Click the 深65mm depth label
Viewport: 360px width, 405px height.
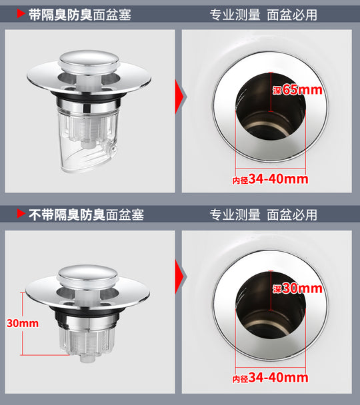(297, 90)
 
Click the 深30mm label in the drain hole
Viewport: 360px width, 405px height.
(297, 288)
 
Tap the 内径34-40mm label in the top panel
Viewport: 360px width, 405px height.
(270, 179)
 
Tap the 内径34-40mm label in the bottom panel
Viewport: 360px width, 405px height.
(270, 378)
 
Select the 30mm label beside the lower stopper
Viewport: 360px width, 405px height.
(23, 323)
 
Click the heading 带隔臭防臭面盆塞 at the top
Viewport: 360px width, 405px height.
(79, 15)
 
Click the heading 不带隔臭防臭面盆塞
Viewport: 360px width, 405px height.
(86, 215)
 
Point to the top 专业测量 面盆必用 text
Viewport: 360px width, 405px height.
(263, 15)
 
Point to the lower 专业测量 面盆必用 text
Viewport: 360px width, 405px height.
(263, 215)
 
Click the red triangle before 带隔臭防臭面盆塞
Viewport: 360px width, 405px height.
(21, 14)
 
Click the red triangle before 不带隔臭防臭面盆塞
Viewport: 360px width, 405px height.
(21, 213)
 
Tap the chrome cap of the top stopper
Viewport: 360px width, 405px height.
(89, 61)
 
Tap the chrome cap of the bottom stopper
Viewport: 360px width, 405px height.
(87, 276)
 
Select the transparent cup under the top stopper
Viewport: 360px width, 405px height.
(87, 141)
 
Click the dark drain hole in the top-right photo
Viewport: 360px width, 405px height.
(270, 107)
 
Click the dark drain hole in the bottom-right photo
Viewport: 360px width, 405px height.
(270, 305)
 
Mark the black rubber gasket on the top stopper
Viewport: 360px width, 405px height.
(87, 96)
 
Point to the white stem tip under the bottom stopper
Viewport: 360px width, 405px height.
(86, 358)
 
